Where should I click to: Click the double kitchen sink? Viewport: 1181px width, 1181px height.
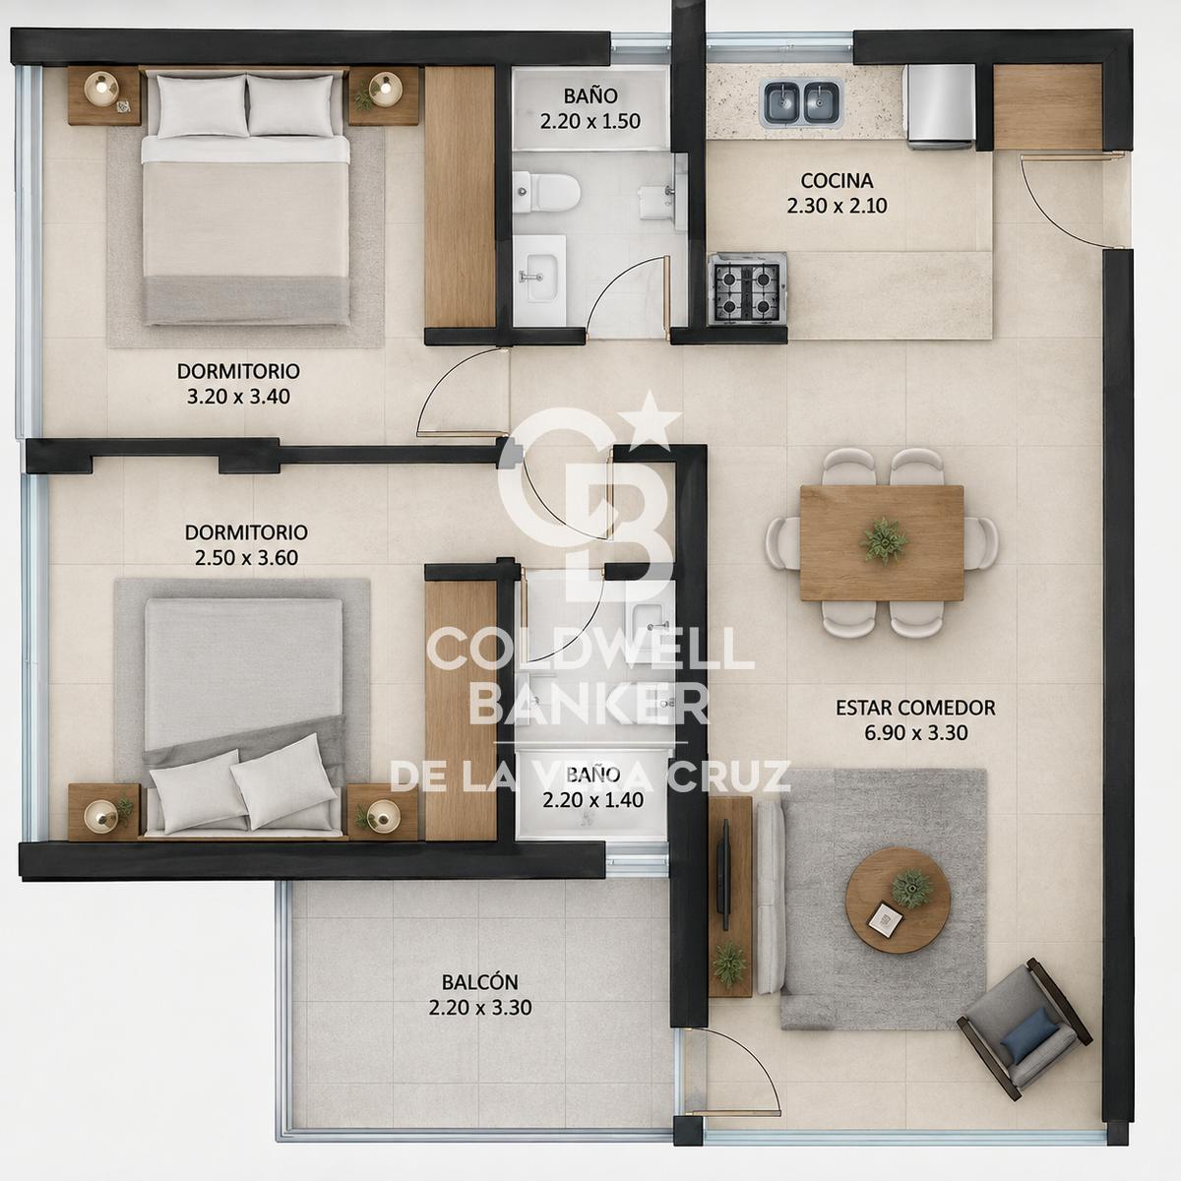[x=802, y=102]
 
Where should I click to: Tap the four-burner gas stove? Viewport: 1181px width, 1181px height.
[x=747, y=288]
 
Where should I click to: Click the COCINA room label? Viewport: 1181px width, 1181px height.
[x=837, y=181]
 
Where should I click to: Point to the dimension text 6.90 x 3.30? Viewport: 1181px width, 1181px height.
[x=915, y=733]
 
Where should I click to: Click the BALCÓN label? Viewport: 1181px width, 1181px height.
[x=480, y=982]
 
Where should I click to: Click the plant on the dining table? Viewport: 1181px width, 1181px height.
[x=883, y=540]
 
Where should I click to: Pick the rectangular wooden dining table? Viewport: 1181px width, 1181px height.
[x=882, y=543]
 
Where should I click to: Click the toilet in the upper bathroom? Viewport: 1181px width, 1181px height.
[x=546, y=192]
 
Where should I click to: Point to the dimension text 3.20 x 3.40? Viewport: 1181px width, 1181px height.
[x=238, y=397]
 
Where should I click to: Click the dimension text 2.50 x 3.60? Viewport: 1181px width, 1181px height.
[x=246, y=558]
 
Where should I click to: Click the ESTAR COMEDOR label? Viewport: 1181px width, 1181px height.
[x=915, y=708]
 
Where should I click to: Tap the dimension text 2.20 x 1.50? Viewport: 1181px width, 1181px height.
[x=590, y=121]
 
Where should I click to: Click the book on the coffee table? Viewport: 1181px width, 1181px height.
[x=884, y=918]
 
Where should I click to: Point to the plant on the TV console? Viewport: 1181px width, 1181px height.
[x=728, y=964]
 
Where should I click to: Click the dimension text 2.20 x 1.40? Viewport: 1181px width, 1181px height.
[x=592, y=800]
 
